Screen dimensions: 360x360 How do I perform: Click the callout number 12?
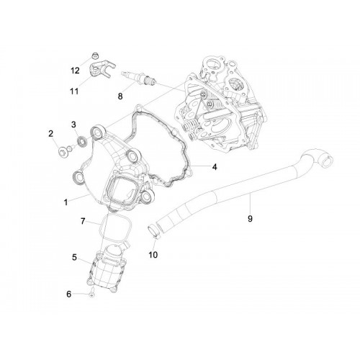[75, 71]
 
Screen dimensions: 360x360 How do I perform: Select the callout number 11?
[74, 91]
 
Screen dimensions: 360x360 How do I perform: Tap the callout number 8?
[120, 96]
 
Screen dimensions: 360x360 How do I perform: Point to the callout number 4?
[215, 167]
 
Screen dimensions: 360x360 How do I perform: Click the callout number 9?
[250, 219]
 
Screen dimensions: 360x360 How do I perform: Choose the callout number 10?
[153, 255]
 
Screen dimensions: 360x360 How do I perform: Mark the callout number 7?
[83, 221]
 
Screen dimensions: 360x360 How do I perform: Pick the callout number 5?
[74, 258]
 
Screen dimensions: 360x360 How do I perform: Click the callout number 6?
[69, 294]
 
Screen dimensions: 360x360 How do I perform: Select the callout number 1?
[66, 202]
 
